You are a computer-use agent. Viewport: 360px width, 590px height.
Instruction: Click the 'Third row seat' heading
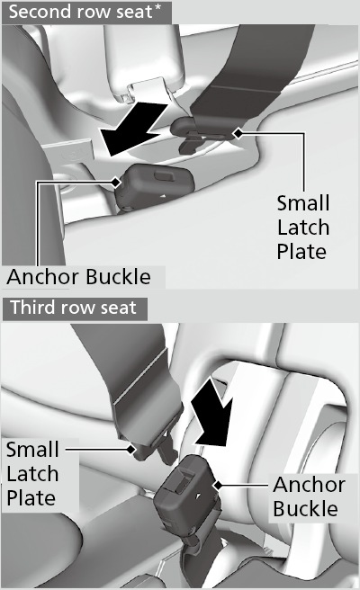coord(73,308)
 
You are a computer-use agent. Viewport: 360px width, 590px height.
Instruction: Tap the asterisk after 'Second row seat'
coord(157,9)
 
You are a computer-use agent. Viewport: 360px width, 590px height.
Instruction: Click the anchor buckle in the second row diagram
coord(155,187)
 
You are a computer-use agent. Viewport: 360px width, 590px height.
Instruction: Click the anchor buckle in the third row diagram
coord(186,486)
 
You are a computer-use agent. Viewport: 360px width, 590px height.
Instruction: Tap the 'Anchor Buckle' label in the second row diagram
coord(78,277)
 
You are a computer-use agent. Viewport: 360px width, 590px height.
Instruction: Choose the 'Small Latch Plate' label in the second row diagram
coord(303,228)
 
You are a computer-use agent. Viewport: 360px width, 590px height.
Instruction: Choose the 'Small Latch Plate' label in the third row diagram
coord(32,474)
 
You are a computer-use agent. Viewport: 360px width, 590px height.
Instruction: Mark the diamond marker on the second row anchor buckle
coord(116,182)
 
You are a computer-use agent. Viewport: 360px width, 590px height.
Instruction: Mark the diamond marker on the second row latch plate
coord(238,133)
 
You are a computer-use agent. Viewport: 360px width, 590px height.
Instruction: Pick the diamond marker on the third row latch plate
coord(131,449)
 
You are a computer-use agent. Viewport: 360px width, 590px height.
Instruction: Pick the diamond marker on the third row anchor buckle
coord(218,486)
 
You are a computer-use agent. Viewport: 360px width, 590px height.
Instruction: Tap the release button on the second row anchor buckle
coord(164,174)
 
